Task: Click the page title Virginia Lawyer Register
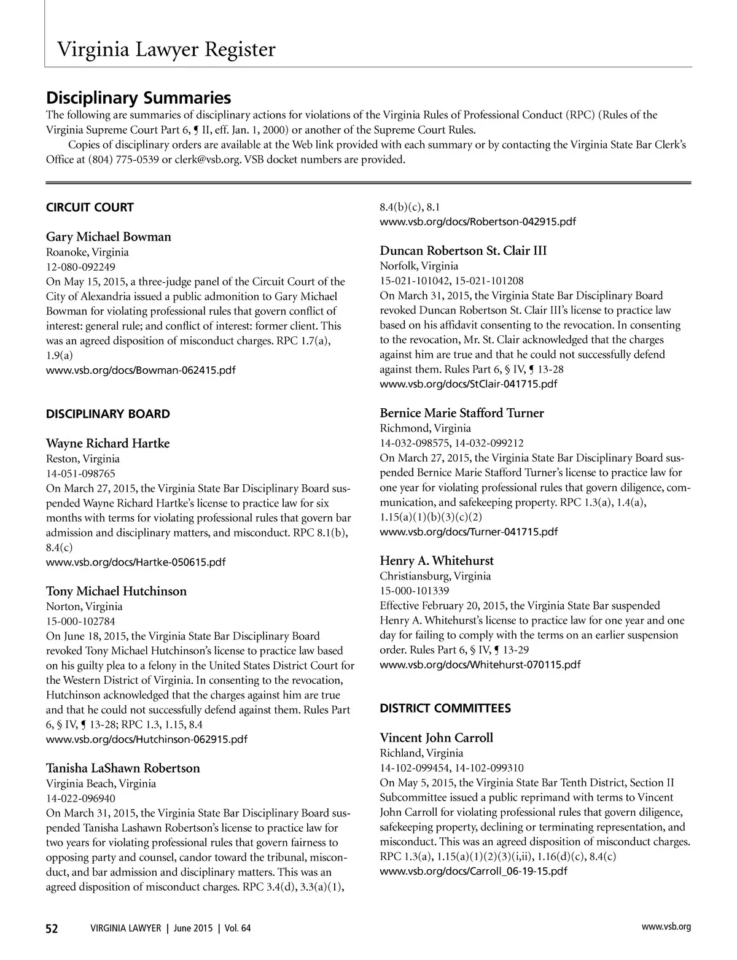[x=166, y=49]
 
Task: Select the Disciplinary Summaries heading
[x=139, y=98]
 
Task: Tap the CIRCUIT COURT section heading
[x=90, y=207]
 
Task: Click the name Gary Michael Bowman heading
[x=109, y=237]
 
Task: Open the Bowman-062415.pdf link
[x=141, y=370]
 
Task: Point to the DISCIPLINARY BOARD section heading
[x=108, y=414]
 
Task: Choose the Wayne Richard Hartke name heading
[x=108, y=443]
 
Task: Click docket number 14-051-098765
[x=80, y=473]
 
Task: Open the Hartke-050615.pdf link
[x=136, y=562]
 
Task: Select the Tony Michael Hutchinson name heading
[x=116, y=591]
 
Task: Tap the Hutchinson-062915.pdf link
[x=147, y=739]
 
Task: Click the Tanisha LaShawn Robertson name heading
[x=123, y=768]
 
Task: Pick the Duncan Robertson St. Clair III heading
[x=463, y=251]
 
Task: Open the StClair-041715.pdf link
[x=469, y=384]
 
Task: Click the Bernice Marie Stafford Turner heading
[x=462, y=413]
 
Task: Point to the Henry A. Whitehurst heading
[x=437, y=560]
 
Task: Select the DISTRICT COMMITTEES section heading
[x=445, y=708]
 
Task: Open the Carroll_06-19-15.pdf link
[x=474, y=871]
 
